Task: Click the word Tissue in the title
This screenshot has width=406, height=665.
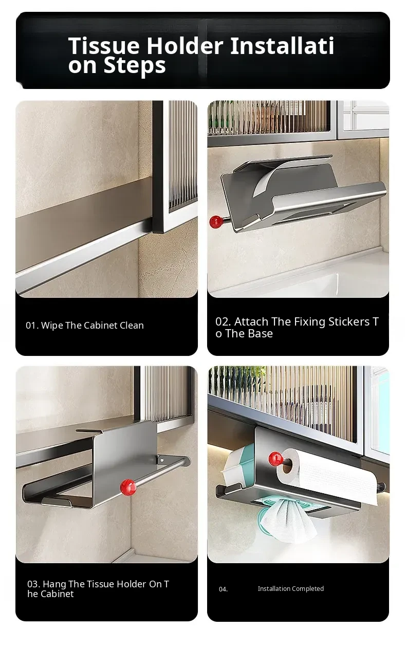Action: coord(104,46)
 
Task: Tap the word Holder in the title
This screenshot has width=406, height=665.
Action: coord(185,46)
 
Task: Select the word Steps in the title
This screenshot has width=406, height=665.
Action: coord(134,66)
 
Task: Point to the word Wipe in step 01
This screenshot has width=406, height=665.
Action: coord(52,326)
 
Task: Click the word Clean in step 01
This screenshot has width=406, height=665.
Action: coord(132,326)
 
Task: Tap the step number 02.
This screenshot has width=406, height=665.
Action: coord(223,321)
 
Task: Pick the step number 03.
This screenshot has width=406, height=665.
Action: coord(33,584)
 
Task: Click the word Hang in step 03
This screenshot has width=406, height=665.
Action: coord(55,585)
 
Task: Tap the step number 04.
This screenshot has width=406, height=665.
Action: coord(223,589)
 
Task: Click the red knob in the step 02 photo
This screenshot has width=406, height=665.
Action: coord(216,222)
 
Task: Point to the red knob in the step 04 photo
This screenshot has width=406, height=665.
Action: coord(275,459)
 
